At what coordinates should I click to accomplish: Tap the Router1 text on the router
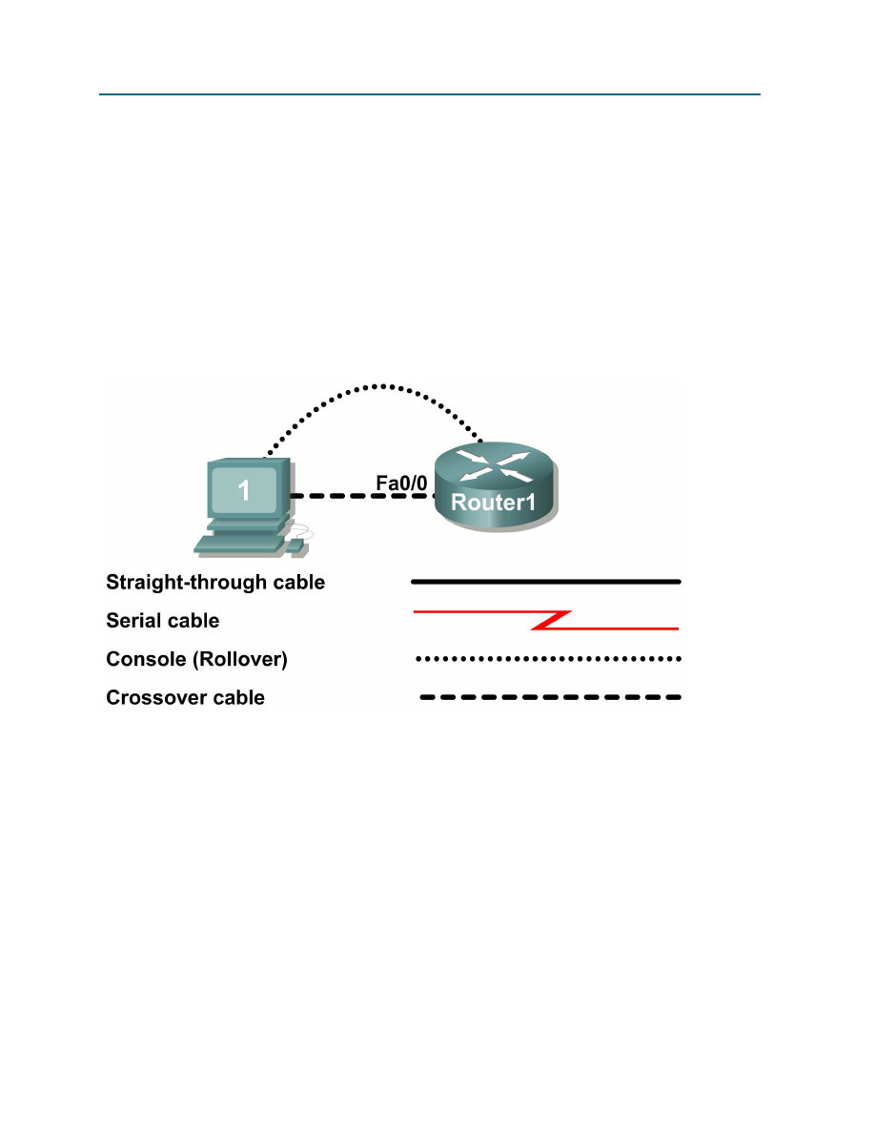493,503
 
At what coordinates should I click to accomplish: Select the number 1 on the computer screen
244,491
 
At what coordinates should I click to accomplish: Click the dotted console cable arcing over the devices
381,386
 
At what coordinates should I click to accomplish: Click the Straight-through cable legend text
215,582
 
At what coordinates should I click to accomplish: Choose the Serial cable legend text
162,621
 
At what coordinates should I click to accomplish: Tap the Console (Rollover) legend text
196,659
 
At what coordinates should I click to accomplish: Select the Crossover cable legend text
185,698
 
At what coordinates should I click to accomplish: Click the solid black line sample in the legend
545,580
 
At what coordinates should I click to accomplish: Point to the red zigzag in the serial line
551,620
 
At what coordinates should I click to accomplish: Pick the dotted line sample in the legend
548,658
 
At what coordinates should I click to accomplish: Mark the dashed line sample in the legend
551,698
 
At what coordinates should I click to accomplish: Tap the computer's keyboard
238,544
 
